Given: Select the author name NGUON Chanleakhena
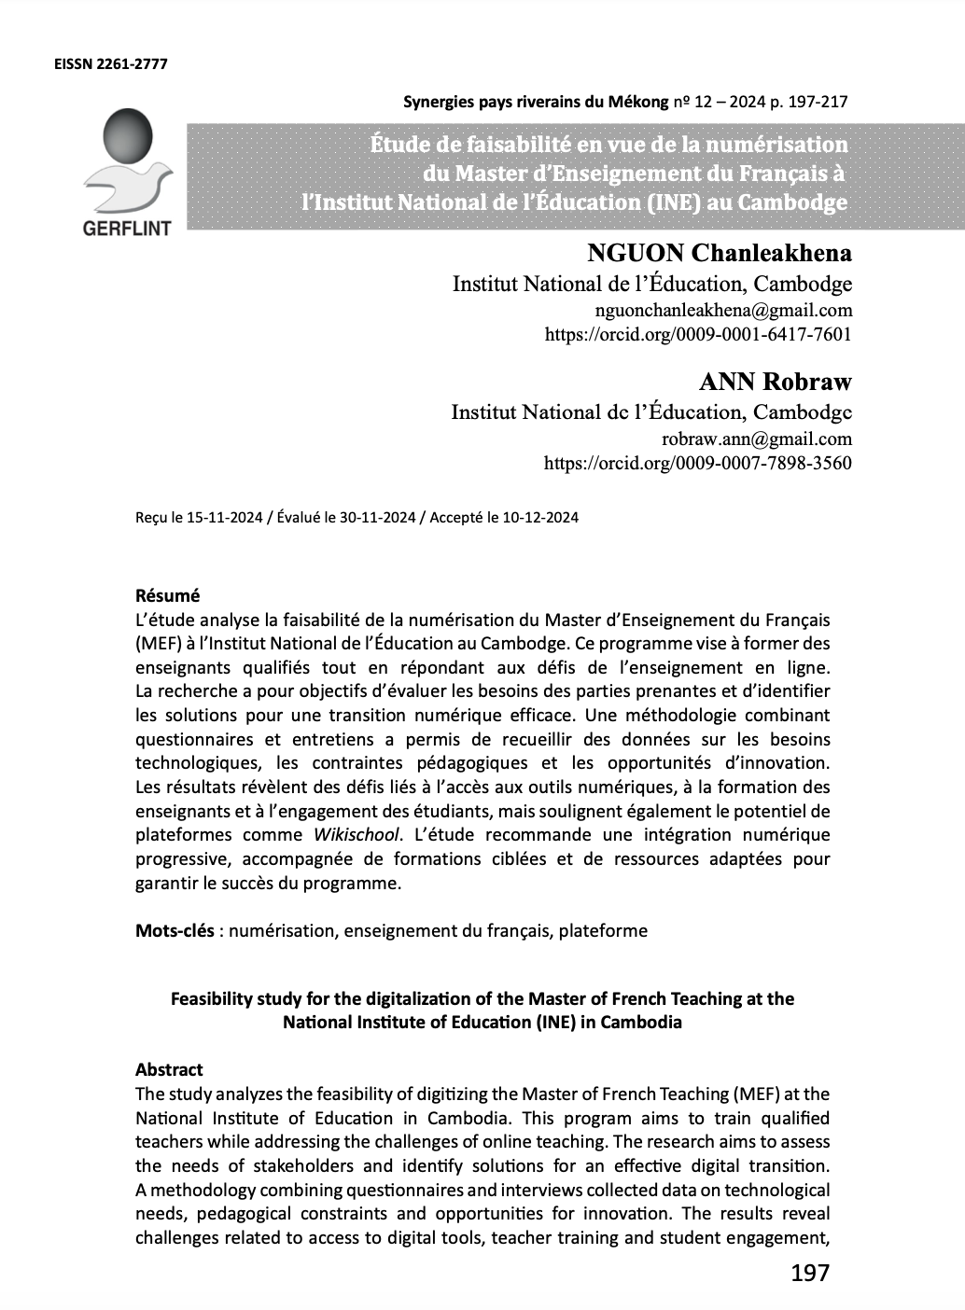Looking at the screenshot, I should click(x=719, y=253).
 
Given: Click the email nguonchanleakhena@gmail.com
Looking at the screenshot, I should click(x=722, y=310).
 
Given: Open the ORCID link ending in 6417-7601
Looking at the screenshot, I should click(x=697, y=333).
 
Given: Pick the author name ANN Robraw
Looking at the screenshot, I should click(x=775, y=382).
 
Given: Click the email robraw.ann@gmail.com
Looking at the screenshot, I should click(x=756, y=439).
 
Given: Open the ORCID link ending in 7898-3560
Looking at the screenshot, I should click(x=697, y=462).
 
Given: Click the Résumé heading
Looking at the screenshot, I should click(x=168, y=595).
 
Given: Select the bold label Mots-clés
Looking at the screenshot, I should click(x=175, y=930).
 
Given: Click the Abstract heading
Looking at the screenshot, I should click(x=169, y=1069).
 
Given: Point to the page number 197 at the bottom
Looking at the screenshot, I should click(x=809, y=1273).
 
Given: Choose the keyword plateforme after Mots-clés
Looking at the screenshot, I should click(x=603, y=930).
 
